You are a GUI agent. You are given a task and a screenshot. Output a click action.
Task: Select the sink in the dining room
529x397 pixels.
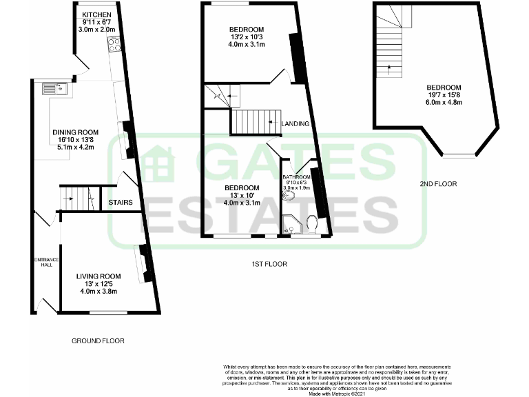point(53,88)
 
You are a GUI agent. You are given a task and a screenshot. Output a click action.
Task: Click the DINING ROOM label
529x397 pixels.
point(76,132)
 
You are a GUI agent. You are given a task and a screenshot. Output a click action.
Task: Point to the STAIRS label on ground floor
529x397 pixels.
point(121,203)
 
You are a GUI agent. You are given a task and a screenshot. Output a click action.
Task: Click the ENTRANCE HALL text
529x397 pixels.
point(45,263)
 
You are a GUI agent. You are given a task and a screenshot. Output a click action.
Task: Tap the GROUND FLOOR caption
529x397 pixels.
point(98,340)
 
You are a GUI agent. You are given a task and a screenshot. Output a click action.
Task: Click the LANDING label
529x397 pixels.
point(295,124)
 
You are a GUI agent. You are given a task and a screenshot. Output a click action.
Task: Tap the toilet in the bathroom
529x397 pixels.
point(311,225)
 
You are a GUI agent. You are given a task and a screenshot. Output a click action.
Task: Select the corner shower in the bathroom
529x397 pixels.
point(291,224)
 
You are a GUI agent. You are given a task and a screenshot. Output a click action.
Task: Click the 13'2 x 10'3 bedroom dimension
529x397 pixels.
point(247,37)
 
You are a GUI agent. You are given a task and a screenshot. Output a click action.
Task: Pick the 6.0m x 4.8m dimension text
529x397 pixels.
point(444,102)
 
